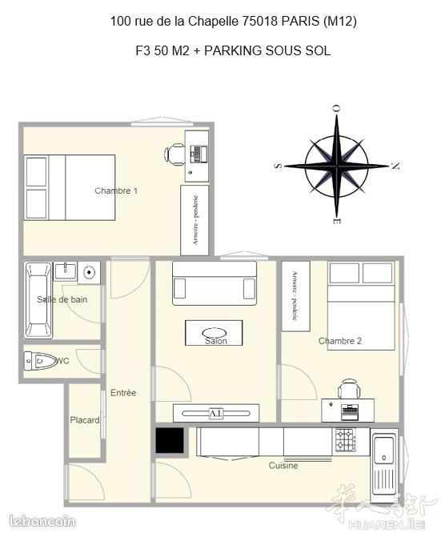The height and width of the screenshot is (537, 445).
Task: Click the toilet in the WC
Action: coord(41,361)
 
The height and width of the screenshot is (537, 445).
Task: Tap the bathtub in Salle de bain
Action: coord(38,300)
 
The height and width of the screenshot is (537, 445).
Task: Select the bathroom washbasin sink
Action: coord(65,271)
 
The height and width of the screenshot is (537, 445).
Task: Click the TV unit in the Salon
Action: coord(216,413)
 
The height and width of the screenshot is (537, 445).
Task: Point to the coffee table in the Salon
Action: coord(214,333)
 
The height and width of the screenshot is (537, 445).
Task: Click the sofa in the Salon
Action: coord(214,283)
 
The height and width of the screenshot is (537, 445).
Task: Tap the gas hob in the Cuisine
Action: coord(345,439)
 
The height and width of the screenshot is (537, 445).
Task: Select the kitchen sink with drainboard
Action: coord(384,464)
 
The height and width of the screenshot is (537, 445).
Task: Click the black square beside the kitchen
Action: coord(170,440)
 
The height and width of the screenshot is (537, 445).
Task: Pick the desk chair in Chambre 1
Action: coord(174,154)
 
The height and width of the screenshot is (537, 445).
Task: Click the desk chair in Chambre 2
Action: coord(349,389)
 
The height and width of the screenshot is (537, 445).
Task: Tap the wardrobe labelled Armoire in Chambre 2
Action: coord(295,296)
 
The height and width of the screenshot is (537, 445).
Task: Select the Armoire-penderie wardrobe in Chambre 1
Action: coord(194,220)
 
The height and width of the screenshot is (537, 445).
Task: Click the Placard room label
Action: coord(85,420)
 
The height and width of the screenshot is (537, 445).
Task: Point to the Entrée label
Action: coord(123,393)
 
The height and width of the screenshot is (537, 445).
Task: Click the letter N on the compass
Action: coord(395,166)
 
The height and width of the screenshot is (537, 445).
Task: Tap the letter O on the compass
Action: coord(337,109)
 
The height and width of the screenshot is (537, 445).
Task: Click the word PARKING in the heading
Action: coord(233,50)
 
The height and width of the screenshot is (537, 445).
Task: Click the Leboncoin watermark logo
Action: coord(42,521)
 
